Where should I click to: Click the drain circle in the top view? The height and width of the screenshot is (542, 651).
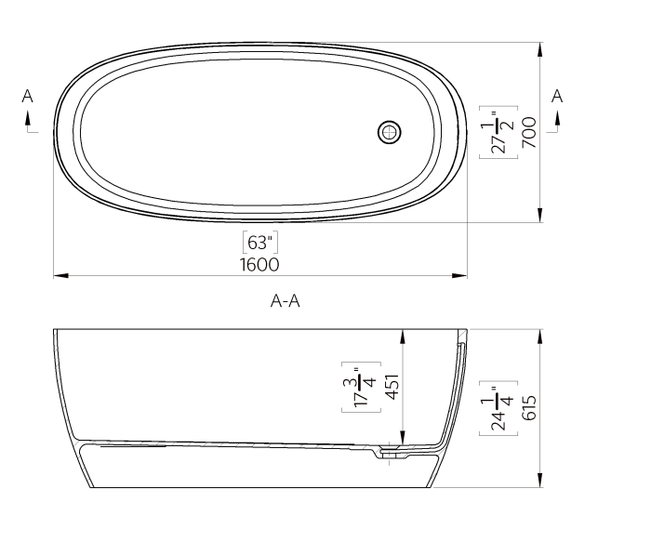pos(391,132)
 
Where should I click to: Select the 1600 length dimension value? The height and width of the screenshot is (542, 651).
pos(259,264)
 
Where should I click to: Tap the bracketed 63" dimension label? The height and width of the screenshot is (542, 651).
pos(259,243)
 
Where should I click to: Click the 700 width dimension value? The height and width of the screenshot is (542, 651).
pos(528,133)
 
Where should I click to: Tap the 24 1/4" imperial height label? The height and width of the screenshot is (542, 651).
pos(498,406)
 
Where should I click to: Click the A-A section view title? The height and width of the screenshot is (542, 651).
pos(286,300)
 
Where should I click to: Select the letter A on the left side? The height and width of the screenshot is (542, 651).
pos(28,96)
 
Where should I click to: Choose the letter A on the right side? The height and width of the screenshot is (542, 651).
pos(557,96)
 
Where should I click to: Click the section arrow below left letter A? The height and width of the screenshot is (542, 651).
pos(29,118)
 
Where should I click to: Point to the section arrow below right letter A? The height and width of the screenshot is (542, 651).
pos(558,118)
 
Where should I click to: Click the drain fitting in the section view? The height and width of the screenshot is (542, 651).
pos(392,453)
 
